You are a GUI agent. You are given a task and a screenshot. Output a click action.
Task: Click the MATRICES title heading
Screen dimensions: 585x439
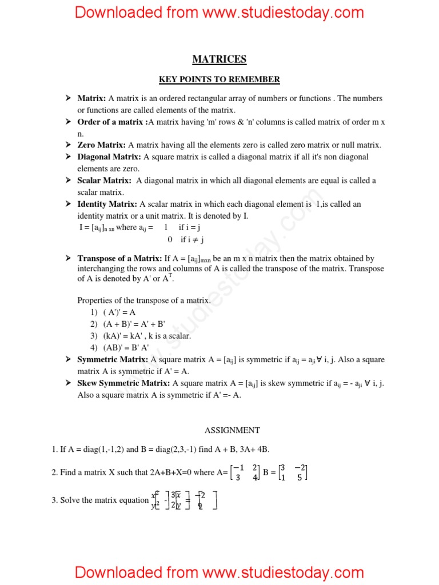click(219, 59)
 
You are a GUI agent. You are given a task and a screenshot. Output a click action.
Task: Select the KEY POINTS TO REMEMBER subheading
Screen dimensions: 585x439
click(219, 79)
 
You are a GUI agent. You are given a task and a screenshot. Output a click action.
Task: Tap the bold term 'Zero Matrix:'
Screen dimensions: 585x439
click(102, 145)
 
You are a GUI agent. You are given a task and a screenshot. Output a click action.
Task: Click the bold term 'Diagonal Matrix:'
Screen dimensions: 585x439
click(109, 157)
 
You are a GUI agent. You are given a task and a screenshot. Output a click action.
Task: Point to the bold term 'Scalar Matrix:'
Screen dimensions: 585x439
click(105, 181)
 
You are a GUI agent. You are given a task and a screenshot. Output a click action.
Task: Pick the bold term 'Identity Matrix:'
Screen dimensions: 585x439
click(107, 204)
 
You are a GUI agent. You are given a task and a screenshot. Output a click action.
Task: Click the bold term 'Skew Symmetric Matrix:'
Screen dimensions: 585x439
click(123, 383)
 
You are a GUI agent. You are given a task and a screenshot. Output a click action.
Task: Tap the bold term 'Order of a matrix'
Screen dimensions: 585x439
click(111, 122)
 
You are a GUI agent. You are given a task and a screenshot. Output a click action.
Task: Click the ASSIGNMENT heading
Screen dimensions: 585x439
click(232, 430)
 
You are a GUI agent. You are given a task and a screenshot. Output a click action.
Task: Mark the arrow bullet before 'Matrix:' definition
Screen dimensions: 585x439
click(69, 98)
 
